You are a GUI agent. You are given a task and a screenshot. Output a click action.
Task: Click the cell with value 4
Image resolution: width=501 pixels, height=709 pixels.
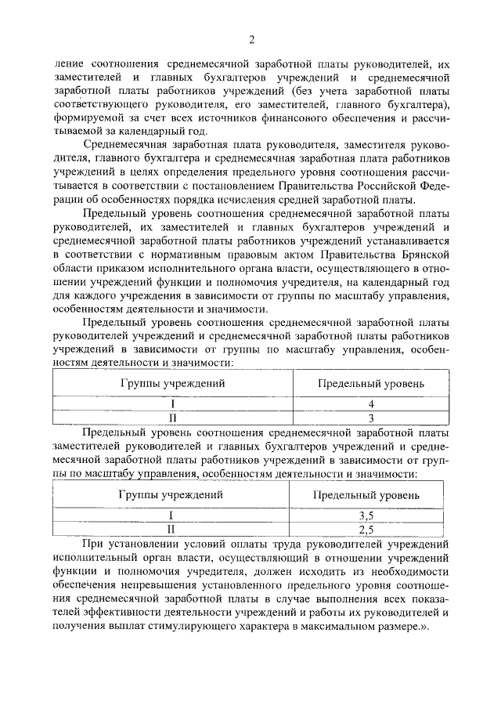click(371, 403)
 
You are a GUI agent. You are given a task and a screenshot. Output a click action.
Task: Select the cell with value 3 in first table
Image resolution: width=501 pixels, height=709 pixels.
click(371, 418)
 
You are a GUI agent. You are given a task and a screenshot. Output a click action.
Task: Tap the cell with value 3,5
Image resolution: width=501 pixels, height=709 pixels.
click(366, 515)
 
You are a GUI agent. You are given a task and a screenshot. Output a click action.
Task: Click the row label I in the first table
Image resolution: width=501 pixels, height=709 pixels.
click(172, 403)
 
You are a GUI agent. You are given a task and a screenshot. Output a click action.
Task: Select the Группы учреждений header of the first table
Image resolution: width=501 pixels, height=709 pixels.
click(172, 384)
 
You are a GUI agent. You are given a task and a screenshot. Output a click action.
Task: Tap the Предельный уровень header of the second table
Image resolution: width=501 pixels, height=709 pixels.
click(366, 495)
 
